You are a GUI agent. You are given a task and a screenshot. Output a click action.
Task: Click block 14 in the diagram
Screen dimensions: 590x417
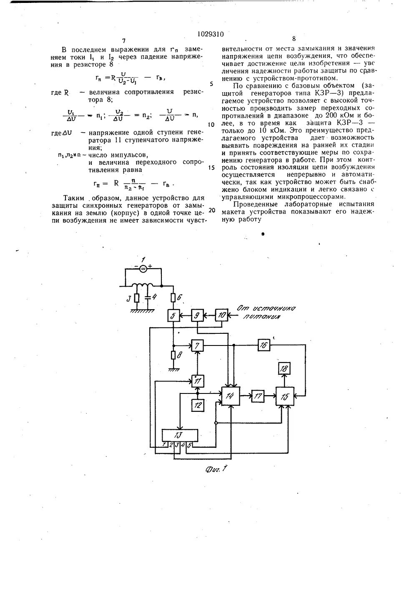coord(231,396)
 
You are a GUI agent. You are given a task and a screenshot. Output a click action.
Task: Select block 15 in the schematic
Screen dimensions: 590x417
coord(284,396)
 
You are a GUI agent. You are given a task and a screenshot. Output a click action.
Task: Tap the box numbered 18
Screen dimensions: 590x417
coord(284,368)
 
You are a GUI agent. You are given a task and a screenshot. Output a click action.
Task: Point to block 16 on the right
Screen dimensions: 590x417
coord(263,345)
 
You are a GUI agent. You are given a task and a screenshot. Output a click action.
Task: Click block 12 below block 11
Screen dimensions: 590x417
coord(197,404)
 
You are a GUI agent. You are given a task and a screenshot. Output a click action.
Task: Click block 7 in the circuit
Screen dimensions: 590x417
coord(197,345)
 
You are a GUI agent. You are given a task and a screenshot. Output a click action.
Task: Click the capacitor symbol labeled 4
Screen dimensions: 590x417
coord(147,299)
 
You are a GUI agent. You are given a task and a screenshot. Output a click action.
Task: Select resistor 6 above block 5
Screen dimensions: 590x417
coord(173,297)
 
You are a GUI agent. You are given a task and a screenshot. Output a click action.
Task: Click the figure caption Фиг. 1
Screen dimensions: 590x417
coord(214,468)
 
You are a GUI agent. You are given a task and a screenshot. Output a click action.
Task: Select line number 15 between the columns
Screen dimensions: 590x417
coord(211,167)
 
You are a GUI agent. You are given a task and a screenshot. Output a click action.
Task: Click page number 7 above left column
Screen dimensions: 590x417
coord(124,41)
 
